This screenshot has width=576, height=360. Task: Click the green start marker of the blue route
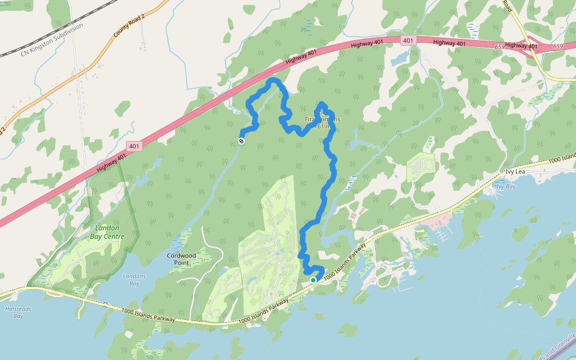pyautogui.click(x=313, y=280)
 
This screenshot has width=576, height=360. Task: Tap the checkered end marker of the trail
pyautogui.click(x=241, y=141)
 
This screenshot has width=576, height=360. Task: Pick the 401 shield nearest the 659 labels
pyautogui.click(x=408, y=40)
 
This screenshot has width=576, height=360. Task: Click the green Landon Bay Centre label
pyautogui.click(x=108, y=232)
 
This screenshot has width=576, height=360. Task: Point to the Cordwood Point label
pyautogui.click(x=182, y=259)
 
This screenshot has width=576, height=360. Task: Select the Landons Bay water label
pyautogui.click(x=134, y=280)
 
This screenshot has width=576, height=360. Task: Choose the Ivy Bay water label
pyautogui.click(x=505, y=187)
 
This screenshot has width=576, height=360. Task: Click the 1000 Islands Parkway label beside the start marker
pyautogui.click(x=345, y=263)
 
